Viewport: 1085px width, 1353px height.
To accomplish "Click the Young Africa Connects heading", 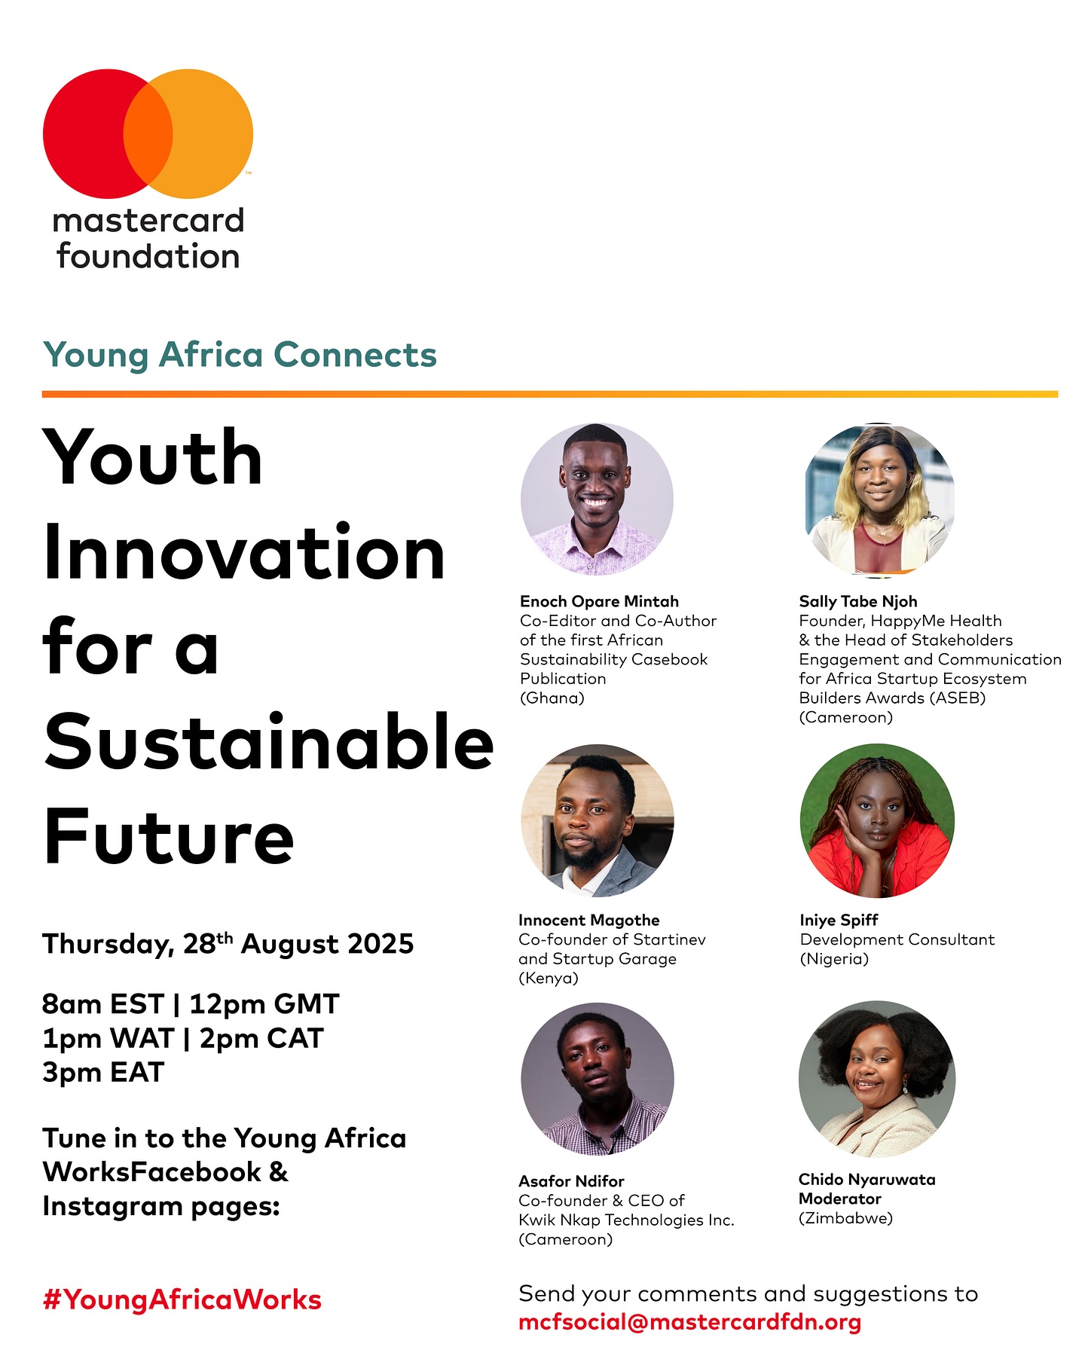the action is pyautogui.click(x=240, y=355).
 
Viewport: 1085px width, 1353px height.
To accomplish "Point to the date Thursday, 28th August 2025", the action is pyautogui.click(x=228, y=943).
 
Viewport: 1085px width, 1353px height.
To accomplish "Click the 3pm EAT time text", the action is pyautogui.click(x=103, y=1072).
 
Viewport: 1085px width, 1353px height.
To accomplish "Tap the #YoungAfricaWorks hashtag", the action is pyautogui.click(x=182, y=1300).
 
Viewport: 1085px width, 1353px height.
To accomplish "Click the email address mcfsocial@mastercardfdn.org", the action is pyautogui.click(x=689, y=1322).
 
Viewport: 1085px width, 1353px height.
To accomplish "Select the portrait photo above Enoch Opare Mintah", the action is pyautogui.click(x=597, y=499).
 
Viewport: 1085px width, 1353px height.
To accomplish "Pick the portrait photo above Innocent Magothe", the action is pyautogui.click(x=597, y=820).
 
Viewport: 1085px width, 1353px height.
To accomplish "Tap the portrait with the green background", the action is pyautogui.click(x=877, y=820).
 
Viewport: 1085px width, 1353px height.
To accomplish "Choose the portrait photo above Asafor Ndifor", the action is pyautogui.click(x=597, y=1079).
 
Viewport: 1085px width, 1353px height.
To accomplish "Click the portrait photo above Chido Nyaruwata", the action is pyautogui.click(x=877, y=1079).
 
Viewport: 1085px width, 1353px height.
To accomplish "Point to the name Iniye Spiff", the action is pyautogui.click(x=839, y=920).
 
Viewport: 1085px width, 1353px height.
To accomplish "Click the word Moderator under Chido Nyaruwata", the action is pyautogui.click(x=839, y=1199).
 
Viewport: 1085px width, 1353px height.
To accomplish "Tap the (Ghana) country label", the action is pyautogui.click(x=552, y=698).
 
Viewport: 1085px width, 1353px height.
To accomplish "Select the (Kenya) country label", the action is pyautogui.click(x=549, y=978).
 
